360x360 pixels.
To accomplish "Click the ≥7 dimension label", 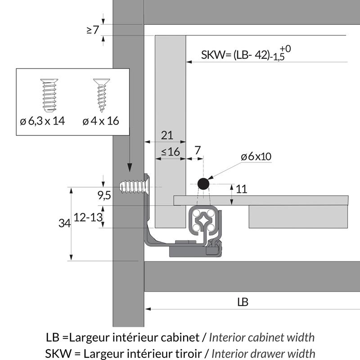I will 92,30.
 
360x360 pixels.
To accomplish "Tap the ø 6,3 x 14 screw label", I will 43,121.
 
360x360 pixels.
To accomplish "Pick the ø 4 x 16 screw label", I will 101,121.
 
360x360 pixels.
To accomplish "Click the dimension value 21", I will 166,135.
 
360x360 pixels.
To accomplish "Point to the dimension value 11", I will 242,189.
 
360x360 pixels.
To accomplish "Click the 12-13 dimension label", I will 88,217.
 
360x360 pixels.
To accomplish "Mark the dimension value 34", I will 65,222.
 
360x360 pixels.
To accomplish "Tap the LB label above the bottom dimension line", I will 243,302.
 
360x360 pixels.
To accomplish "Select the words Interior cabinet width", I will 262,337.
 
